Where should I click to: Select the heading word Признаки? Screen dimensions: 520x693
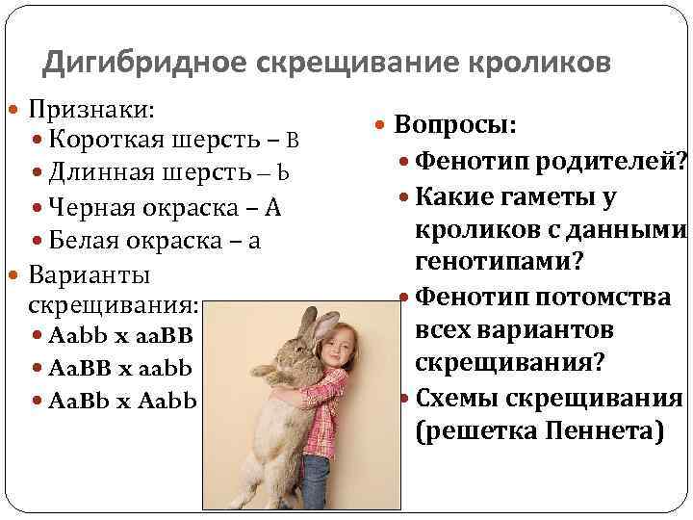click(x=94, y=107)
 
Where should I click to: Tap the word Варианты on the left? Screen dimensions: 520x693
click(x=89, y=274)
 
